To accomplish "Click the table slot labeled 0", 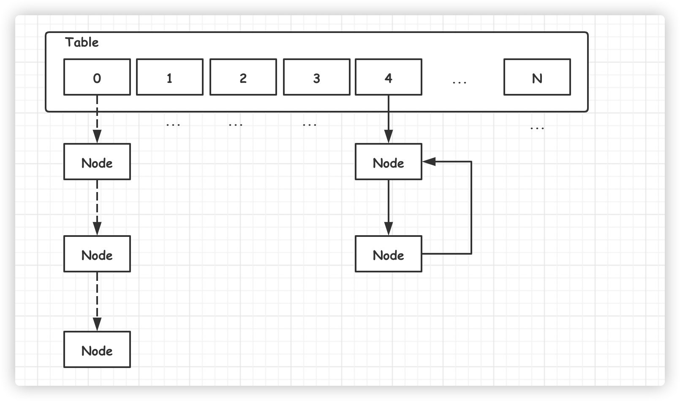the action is [x=97, y=77].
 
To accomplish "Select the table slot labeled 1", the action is [x=170, y=77].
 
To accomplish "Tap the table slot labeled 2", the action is [x=243, y=77].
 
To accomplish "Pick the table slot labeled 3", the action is [x=317, y=77].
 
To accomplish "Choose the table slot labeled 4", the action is [x=389, y=77].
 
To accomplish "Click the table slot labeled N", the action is [x=537, y=77].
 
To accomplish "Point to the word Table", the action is [x=82, y=42].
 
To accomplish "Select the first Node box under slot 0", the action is [x=97, y=162].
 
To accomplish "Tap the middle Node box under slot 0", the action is [x=97, y=254].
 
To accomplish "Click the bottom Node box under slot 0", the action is [x=97, y=350].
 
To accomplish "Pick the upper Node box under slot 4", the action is [x=389, y=162].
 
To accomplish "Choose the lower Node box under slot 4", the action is [x=389, y=254].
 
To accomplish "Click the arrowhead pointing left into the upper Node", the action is [x=429, y=162].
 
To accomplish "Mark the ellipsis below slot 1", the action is [x=173, y=125].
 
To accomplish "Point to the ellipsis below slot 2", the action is [x=236, y=125].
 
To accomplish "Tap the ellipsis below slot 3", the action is [x=310, y=125].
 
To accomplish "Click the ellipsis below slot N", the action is [x=537, y=129].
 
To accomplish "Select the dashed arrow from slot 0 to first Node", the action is [x=97, y=119].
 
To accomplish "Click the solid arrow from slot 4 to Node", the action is [x=389, y=119].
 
